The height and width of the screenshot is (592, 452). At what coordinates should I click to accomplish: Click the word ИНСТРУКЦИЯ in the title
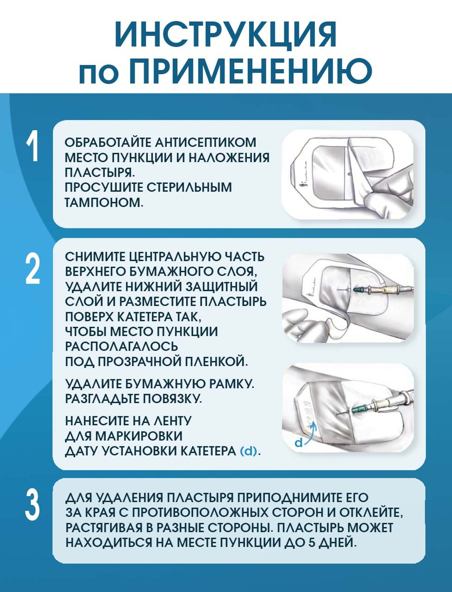(x=226, y=34)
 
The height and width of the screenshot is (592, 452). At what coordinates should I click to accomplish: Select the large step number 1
(x=33, y=147)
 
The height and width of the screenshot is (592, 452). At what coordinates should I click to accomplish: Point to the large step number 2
(x=33, y=269)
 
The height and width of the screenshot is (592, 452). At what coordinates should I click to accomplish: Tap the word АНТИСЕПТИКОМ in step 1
(x=205, y=142)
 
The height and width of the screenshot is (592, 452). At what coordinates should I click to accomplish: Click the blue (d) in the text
(x=249, y=451)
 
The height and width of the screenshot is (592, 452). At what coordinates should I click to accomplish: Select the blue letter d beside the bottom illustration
(x=298, y=442)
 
